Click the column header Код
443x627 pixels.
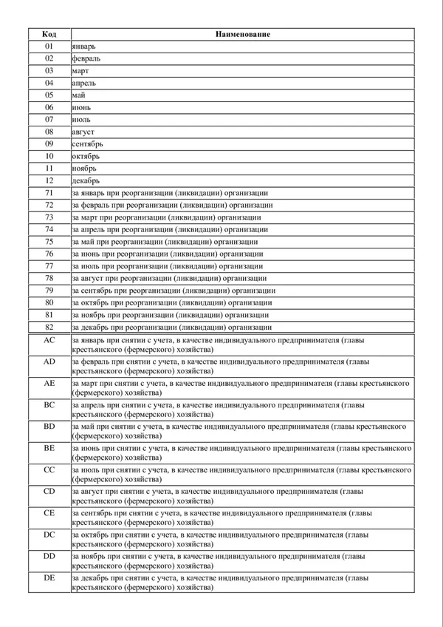point(49,34)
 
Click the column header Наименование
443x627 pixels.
point(243,34)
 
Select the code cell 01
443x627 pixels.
point(49,46)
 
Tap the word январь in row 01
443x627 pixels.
point(84,46)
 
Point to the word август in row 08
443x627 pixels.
point(84,131)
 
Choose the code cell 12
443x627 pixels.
point(49,180)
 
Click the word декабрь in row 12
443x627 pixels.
point(86,180)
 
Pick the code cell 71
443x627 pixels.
point(49,192)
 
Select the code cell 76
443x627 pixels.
point(49,254)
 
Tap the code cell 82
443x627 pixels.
point(49,327)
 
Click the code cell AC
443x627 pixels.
point(49,340)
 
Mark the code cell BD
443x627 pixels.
point(49,427)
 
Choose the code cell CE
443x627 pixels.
point(49,512)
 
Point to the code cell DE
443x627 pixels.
point(49,577)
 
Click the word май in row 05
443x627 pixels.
point(79,95)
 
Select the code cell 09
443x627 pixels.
point(49,143)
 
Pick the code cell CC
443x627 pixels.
point(49,470)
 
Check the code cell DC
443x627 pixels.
point(49,534)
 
